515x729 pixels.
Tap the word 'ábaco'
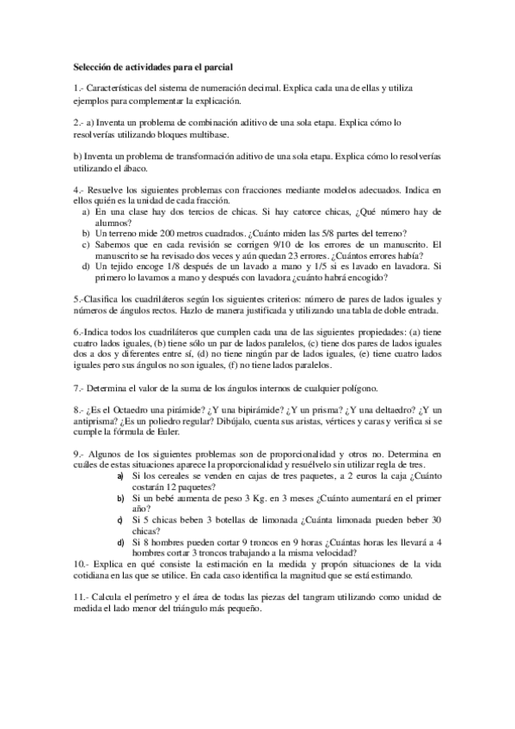coord(136,169)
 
